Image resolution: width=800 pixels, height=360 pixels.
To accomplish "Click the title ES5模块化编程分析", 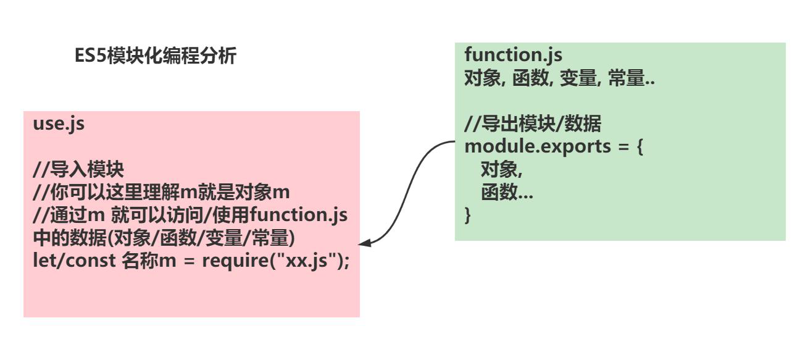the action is [156, 56].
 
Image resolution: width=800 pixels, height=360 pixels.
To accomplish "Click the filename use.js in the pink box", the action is [59, 124].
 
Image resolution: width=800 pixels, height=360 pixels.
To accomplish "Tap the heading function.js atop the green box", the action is [513, 55].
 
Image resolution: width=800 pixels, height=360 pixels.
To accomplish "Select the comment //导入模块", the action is [78, 169].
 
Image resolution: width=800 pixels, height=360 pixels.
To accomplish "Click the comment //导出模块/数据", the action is [533, 123].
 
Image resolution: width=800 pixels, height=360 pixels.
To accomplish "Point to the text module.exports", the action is [538, 147].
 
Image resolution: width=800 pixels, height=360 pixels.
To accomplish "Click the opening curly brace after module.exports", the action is [640, 147].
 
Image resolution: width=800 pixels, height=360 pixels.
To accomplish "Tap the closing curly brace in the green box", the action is [467, 216].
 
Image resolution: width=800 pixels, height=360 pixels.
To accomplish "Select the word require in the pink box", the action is [235, 261].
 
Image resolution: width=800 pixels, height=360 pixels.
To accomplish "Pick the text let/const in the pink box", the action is [74, 261].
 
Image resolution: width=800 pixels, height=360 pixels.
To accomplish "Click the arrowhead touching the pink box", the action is [365, 243].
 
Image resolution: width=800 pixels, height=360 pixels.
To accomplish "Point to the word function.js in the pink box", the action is [299, 215].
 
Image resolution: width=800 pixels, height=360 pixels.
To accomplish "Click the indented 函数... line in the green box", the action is [507, 193].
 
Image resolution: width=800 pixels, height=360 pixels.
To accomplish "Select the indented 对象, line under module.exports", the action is [501, 169].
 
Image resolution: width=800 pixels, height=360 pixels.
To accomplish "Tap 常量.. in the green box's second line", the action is [631, 78].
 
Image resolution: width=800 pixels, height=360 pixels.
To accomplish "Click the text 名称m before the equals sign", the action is [149, 261].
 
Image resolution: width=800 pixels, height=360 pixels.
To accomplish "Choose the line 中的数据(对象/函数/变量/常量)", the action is [164, 238].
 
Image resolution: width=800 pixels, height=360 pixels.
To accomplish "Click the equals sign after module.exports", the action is [623, 147].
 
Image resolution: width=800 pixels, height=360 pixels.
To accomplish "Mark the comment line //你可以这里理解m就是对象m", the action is [161, 192].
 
